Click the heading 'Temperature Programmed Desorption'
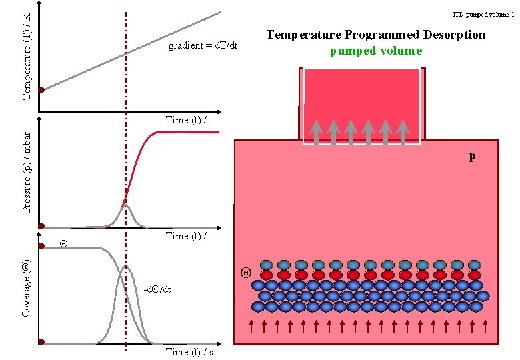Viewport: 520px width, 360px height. [x=376, y=35]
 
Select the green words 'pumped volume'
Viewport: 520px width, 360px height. [x=376, y=51]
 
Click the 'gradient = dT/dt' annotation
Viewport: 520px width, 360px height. [x=203, y=46]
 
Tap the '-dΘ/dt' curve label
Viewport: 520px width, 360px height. [x=152, y=290]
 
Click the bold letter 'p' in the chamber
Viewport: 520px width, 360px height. [x=472, y=157]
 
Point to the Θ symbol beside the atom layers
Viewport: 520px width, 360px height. [x=245, y=272]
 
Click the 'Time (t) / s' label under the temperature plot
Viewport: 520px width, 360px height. [x=189, y=120]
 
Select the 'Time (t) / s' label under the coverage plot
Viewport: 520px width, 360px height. [x=189, y=352]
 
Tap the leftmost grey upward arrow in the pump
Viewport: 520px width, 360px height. [x=316, y=131]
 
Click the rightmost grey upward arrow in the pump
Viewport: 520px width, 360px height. [x=402, y=131]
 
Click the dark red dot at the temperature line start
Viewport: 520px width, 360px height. [x=41, y=90]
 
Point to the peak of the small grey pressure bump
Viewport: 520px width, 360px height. [x=125, y=206]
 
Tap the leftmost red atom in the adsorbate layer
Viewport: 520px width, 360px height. [x=267, y=275]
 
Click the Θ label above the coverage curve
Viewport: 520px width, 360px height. [x=63, y=243]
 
